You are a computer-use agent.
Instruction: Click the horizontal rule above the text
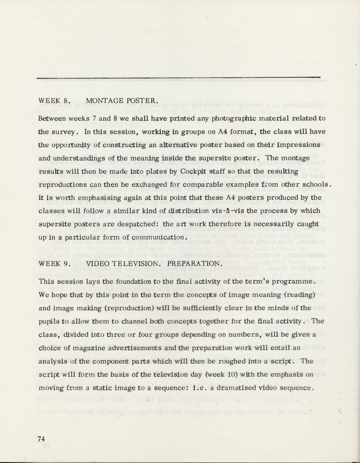[x=179, y=78]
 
